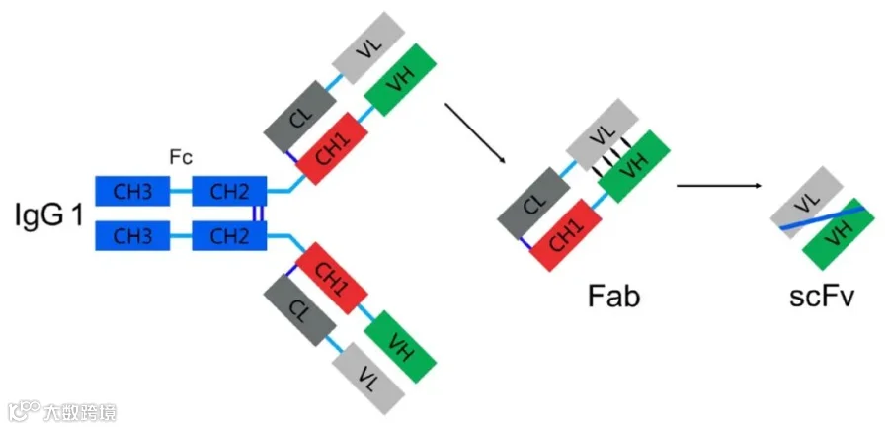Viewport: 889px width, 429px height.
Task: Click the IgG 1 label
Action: pos(49,217)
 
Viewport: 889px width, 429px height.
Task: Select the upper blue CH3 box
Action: pos(132,191)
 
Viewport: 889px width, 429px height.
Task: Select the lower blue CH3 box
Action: pos(132,236)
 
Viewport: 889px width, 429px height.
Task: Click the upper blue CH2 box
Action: pos(229,191)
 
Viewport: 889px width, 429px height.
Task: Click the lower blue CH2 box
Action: pos(229,236)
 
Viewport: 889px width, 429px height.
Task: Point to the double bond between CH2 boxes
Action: pos(258,214)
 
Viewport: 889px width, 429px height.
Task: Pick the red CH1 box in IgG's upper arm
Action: pos(332,148)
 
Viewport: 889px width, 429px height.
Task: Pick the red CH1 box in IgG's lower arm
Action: pos(332,279)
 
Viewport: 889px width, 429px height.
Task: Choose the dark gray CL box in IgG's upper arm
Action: pos(300,117)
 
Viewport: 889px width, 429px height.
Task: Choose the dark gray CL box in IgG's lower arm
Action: pos(300,309)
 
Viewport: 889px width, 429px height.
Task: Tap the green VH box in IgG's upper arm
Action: pos(400,80)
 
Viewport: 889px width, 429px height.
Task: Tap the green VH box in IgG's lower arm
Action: pos(400,347)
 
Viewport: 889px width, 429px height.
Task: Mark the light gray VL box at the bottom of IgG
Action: pos(368,378)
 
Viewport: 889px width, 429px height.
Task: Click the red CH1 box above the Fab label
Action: pos(566,235)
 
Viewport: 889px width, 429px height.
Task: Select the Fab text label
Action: pos(613,297)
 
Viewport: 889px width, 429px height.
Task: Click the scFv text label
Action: pos(822,297)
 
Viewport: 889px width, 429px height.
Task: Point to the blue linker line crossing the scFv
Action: pos(823,217)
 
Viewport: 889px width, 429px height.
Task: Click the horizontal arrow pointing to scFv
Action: pos(719,186)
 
